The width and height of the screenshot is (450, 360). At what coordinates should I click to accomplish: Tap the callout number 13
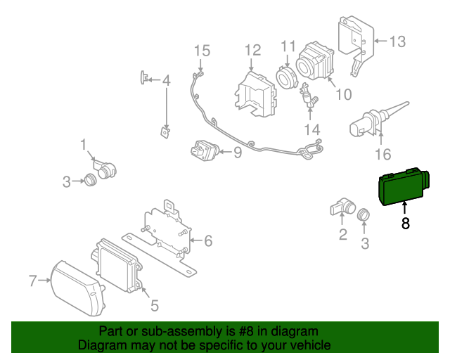pyautogui.click(x=397, y=41)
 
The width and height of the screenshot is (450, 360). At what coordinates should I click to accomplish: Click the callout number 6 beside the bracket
pyautogui.click(x=208, y=241)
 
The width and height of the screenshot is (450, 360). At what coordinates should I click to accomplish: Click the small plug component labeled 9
pyautogui.click(x=204, y=150)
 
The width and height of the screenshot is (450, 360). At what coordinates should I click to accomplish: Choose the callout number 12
pyautogui.click(x=252, y=50)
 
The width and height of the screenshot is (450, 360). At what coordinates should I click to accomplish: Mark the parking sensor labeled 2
pyautogui.click(x=342, y=208)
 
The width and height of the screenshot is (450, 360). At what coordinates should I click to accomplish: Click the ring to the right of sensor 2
pyautogui.click(x=364, y=214)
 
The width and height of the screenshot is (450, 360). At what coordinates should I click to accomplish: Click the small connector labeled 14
pyautogui.click(x=309, y=99)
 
